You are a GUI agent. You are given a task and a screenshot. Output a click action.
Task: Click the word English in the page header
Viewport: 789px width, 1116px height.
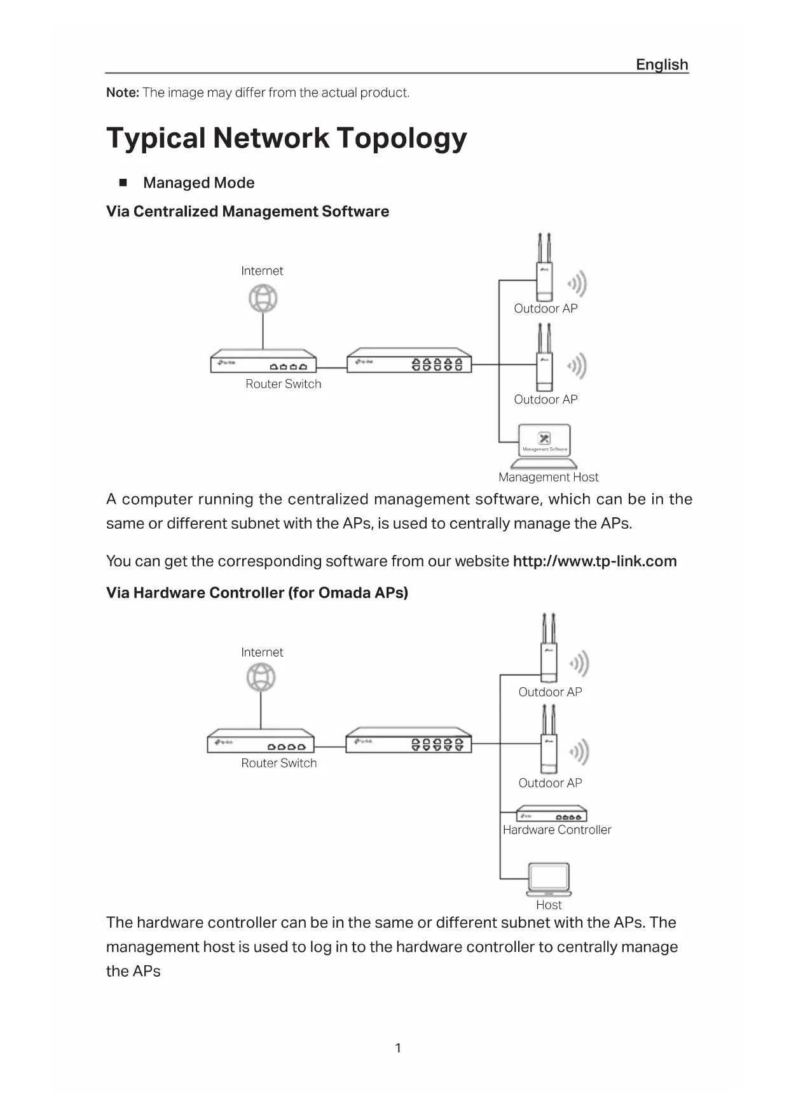[x=662, y=65]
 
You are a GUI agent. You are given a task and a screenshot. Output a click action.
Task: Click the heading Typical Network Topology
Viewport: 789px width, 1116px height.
[x=287, y=138]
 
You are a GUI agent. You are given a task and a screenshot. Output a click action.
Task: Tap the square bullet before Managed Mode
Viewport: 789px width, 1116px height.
[x=123, y=183]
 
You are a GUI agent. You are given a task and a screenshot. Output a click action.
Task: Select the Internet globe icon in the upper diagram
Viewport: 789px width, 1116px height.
[x=263, y=298]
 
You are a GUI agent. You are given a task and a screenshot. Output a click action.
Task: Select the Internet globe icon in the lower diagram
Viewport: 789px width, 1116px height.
[x=261, y=678]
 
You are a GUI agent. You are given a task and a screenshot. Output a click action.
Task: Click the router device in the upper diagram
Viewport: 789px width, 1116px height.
[x=263, y=361]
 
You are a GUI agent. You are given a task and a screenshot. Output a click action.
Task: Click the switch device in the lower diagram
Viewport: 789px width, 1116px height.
[x=409, y=740]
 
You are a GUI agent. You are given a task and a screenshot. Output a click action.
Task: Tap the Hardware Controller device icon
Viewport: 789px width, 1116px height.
[x=551, y=815]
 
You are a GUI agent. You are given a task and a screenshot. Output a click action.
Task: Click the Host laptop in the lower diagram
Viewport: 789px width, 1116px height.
[x=549, y=879]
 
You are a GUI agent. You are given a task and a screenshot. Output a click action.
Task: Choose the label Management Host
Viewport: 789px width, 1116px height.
[x=548, y=477]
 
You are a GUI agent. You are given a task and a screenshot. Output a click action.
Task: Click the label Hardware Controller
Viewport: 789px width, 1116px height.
[x=557, y=830]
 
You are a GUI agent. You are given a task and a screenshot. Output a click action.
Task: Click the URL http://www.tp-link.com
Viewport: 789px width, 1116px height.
[x=594, y=561]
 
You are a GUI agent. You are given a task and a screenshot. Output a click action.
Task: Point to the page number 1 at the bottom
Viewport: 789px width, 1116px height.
[x=398, y=1048]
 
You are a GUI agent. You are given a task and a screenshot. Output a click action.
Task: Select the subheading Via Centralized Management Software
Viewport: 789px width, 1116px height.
[x=247, y=212]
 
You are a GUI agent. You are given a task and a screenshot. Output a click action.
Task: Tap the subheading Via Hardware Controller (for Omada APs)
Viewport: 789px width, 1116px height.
[x=257, y=593]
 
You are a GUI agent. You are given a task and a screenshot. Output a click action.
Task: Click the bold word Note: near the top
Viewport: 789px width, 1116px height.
[x=123, y=93]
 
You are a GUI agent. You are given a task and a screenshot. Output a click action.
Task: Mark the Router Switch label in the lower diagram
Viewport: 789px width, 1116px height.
[x=278, y=764]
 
